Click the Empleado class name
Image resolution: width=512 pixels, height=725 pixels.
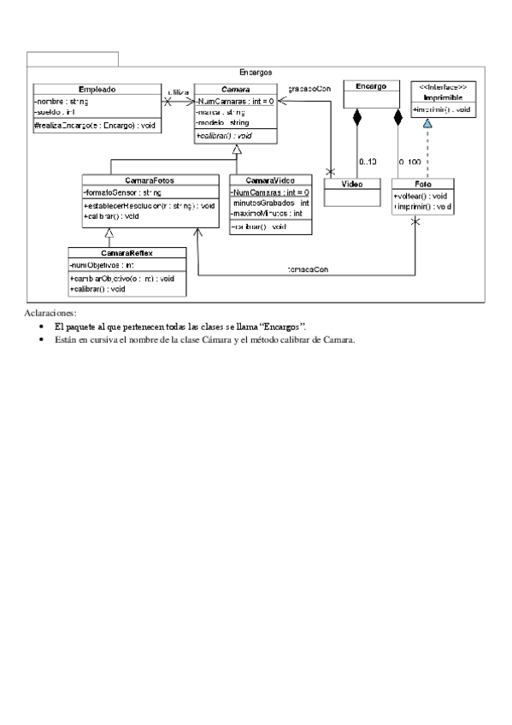pyautogui.click(x=97, y=89)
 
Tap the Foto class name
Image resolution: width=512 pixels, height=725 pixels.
pyautogui.click(x=424, y=184)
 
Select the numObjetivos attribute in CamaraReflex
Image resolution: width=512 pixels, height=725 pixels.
pyautogui.click(x=101, y=266)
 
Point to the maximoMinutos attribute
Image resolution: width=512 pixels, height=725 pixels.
pyautogui.click(x=268, y=214)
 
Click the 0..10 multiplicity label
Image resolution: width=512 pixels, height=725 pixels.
pyautogui.click(x=368, y=161)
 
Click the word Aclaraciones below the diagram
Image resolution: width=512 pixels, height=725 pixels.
pyautogui.click(x=50, y=314)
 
